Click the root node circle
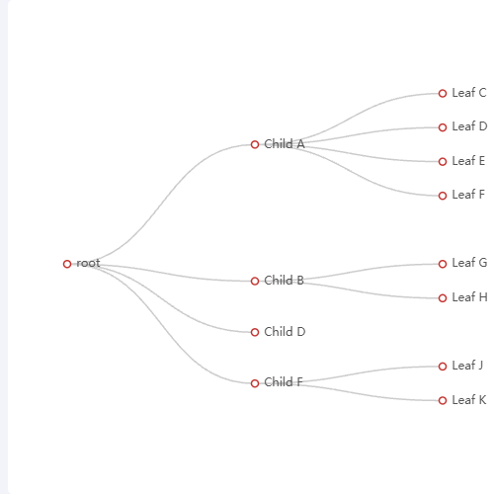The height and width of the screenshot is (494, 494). point(67,264)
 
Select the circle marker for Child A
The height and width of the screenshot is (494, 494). point(255,144)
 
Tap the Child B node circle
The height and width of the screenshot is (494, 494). point(255,281)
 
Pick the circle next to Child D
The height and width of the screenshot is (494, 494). point(255,332)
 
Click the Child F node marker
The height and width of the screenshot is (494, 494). point(255,383)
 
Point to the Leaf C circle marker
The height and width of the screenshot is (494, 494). point(443,94)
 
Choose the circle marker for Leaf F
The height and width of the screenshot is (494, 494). point(443,196)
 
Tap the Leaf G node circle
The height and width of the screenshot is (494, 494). point(443,264)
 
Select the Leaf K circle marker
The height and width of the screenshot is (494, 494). point(443,400)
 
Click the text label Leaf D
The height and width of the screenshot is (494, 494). point(469,126)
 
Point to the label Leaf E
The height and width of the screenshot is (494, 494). point(468,161)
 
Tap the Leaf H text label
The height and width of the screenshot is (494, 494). point(469,297)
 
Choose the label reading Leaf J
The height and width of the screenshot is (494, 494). point(467,366)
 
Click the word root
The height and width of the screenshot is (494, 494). point(88,263)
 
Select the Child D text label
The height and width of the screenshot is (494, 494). point(285,332)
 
